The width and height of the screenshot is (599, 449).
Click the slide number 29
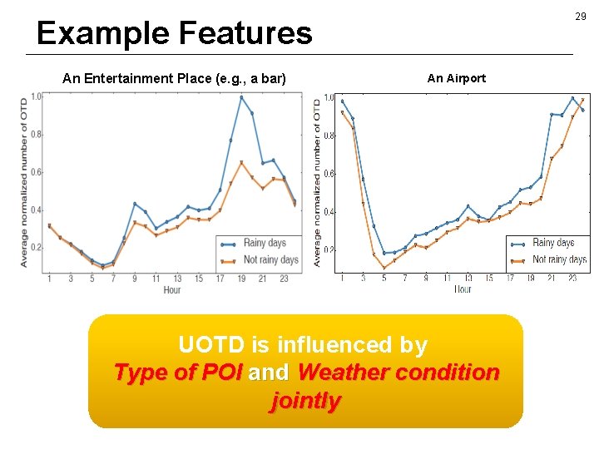[581, 17]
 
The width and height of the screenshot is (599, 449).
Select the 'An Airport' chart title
[456, 78]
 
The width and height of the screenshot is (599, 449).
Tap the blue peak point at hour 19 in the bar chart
[241, 97]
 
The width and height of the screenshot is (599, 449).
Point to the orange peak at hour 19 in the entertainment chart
[241, 162]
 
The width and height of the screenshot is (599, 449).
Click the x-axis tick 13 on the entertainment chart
[177, 278]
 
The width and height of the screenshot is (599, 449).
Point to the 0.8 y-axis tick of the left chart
[35, 136]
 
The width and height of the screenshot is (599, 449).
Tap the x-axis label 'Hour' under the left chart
[172, 289]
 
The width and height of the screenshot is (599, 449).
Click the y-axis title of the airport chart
[317, 183]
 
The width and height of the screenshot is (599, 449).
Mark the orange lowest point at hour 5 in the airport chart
[384, 268]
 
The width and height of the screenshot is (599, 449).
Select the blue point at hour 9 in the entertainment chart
[135, 204]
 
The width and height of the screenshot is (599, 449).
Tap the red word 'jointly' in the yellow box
[305, 402]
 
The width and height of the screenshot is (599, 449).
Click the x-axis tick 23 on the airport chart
[572, 278]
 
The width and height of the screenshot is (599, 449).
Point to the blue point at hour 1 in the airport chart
[342, 101]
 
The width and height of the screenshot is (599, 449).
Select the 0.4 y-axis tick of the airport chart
[329, 212]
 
